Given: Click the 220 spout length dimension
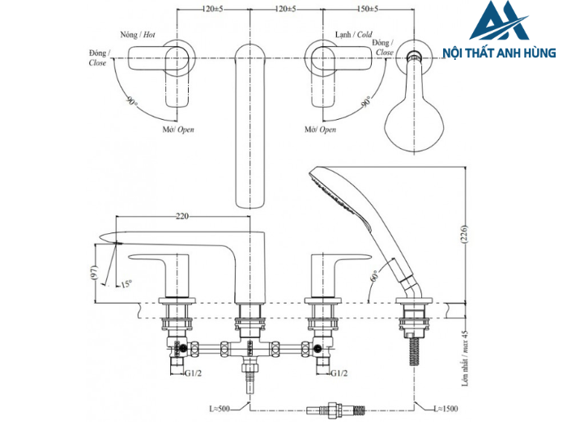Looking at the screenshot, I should coord(182,217).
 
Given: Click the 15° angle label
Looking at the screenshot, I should coord(126,284).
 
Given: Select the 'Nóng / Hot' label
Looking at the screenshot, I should coord(137,35).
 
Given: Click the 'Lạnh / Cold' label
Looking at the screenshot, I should coord(354,35).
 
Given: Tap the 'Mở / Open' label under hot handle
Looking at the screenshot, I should coord(177,130).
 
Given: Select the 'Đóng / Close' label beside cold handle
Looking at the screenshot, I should coord(384,48).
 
